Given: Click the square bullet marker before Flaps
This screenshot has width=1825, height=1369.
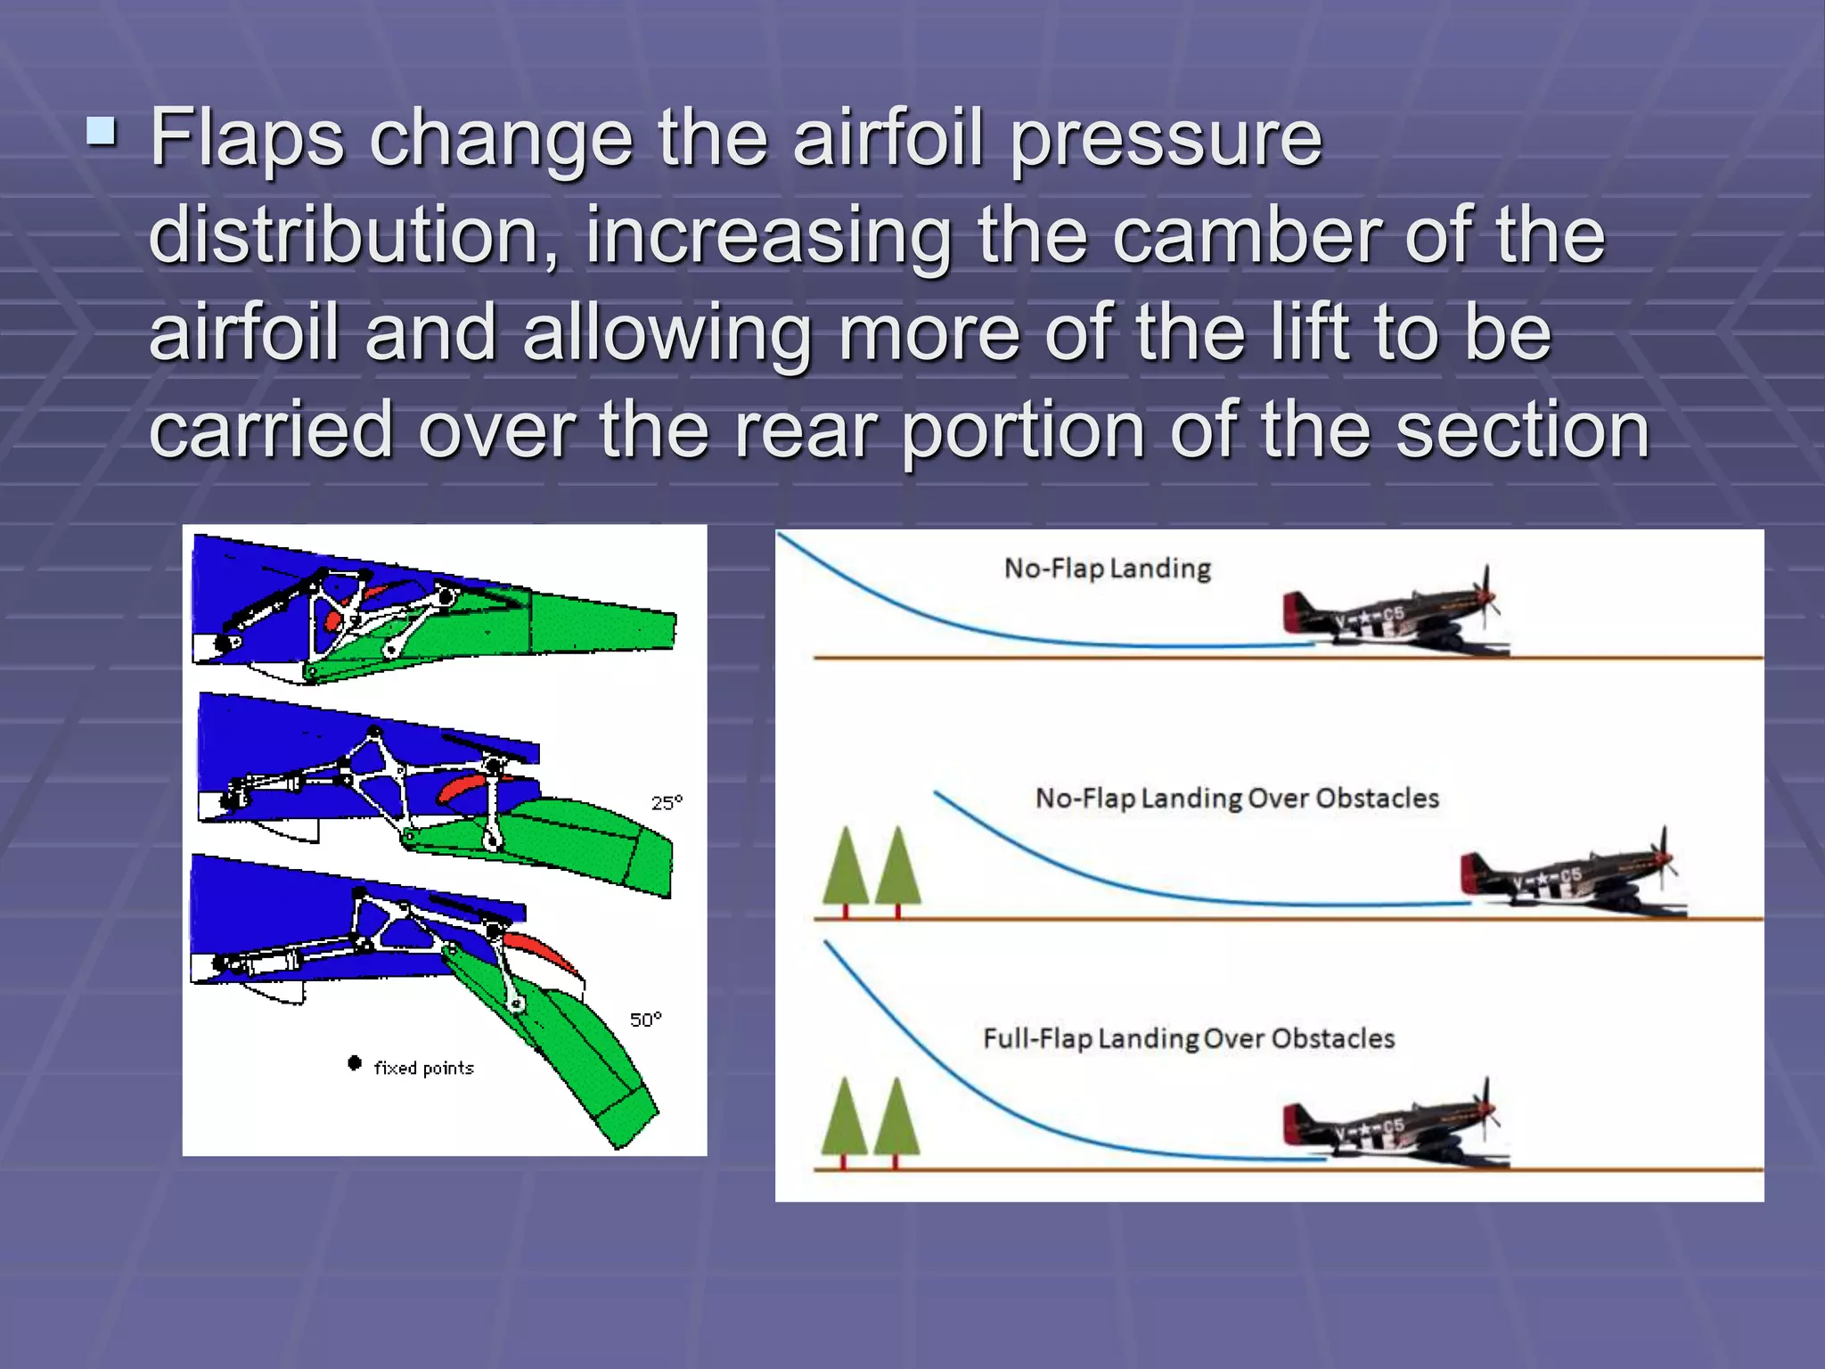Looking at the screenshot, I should [102, 133].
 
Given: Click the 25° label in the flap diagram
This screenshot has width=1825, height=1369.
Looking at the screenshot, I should [667, 803].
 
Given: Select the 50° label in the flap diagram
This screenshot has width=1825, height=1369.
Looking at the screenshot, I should [645, 1020].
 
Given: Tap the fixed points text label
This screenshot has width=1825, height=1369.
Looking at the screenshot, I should [423, 1068].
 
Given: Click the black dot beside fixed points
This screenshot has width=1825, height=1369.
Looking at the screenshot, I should [355, 1062].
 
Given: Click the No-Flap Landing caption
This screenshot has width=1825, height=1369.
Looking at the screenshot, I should [1107, 569].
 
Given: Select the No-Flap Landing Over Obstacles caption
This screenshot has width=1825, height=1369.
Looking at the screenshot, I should [1237, 798].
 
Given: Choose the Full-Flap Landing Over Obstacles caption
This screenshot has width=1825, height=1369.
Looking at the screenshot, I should [1189, 1038].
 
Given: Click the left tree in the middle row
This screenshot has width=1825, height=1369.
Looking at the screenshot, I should [845, 869].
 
